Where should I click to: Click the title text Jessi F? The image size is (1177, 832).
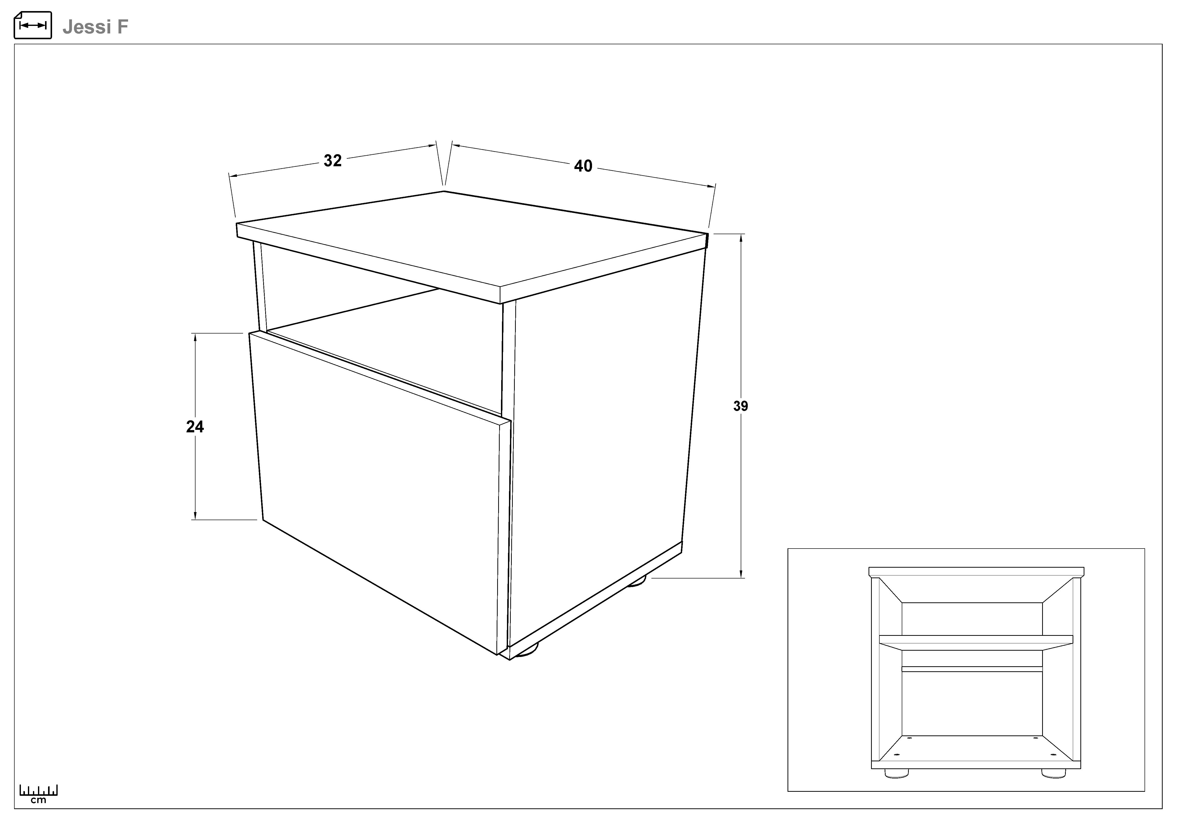tap(95, 27)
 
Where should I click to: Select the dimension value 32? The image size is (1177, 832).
tap(333, 161)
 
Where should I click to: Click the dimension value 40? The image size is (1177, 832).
tap(583, 166)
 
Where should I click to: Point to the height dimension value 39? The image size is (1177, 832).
tap(740, 406)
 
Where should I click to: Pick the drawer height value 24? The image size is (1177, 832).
tap(195, 427)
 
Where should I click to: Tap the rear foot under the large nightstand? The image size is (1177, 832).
tap(637, 581)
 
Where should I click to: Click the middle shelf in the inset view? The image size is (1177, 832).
tap(976, 642)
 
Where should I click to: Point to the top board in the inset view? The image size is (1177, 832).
tap(976, 571)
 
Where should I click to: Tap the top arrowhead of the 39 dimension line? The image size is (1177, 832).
tap(741, 238)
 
